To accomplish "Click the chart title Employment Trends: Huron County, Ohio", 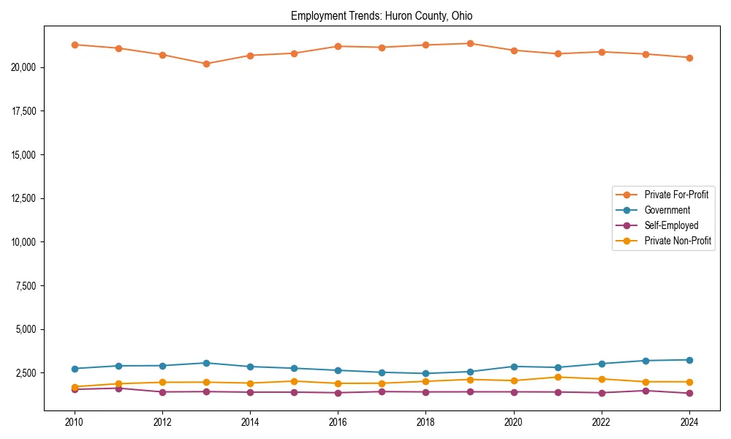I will (382, 15).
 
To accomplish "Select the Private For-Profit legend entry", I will (671, 195).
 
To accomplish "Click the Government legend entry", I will (667, 210).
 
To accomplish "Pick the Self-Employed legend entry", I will (671, 225).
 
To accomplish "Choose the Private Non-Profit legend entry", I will (678, 241).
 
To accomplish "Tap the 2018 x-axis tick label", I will (426, 421).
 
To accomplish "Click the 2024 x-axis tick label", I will (689, 421).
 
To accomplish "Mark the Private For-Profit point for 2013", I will (206, 64).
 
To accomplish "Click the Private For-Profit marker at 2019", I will (470, 43).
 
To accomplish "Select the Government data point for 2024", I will (689, 360).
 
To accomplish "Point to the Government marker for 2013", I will (206, 363).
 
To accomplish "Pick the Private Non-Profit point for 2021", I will (558, 378).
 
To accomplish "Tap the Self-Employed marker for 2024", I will (689, 394).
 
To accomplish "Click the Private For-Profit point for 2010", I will (75, 45).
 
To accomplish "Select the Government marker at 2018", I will (426, 373).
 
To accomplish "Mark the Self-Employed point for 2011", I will (118, 389).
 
